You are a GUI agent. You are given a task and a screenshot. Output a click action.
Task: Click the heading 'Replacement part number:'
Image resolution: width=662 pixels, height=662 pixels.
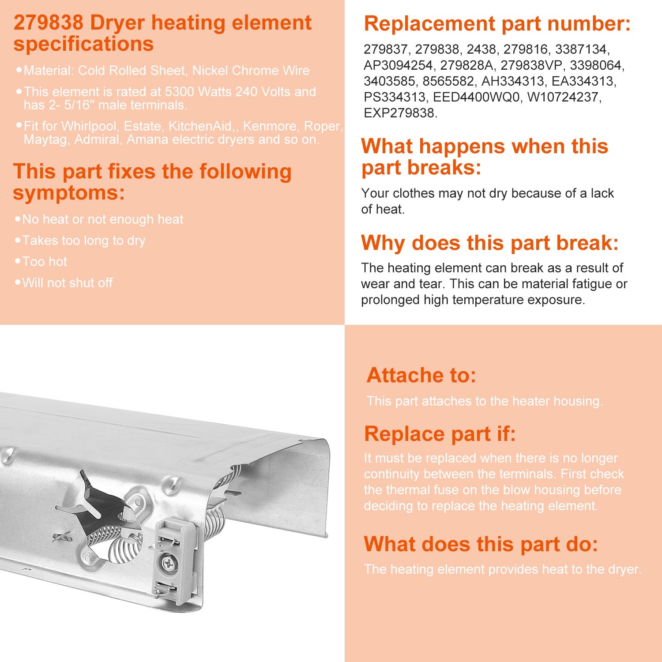pos(497,24)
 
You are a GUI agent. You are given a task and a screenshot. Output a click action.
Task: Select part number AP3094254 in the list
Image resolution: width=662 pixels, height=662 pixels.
pos(398,65)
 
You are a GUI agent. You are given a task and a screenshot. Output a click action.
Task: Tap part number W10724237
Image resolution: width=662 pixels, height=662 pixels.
pos(564,97)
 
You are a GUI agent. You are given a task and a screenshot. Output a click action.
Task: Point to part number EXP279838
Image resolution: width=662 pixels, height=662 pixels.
pos(400,113)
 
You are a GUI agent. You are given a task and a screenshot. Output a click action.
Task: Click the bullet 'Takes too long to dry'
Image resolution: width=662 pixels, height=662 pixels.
pos(83,241)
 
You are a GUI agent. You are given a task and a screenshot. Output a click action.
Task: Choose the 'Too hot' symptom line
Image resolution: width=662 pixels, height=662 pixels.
pos(45,262)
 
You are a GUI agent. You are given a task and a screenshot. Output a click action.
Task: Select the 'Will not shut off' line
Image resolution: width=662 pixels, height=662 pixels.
pos(67,283)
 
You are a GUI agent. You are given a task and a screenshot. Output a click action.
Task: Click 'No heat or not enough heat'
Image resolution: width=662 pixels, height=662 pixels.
pos(102,219)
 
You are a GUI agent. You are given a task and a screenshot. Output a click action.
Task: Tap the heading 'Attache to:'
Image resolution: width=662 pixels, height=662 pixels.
pos(421,375)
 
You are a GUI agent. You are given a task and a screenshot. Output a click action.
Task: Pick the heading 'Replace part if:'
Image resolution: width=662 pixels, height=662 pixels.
pos(440,434)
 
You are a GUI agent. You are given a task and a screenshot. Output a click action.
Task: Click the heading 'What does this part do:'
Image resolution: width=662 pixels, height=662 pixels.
pos(481,544)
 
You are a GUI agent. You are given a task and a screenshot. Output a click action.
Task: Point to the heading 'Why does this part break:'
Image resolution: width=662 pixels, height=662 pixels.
pos(489,243)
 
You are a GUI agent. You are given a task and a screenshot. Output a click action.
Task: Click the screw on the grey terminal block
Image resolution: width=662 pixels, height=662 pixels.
pos(168,563)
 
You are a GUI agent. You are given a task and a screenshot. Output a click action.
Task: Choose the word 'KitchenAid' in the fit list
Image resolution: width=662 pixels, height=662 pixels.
pos(200,126)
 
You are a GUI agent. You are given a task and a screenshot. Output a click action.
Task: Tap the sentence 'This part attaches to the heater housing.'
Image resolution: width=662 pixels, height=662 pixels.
pos(484,401)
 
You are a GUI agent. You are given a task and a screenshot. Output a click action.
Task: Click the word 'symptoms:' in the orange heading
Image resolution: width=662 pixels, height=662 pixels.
pos(69,193)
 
